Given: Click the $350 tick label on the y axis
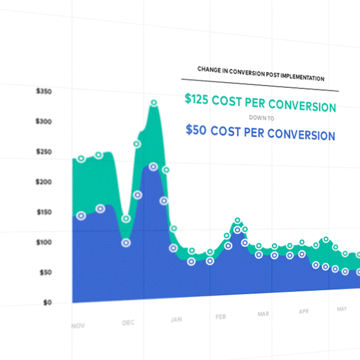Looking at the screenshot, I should pos(45,91).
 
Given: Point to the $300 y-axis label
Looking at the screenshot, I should pos(45,121).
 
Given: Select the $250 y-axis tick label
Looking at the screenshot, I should pos(45,152).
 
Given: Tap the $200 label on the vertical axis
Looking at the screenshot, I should pos(45,182).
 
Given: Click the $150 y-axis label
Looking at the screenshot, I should pos(45,212).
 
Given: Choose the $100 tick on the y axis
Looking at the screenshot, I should pos(45,242).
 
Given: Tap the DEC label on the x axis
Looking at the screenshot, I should pos(128,322).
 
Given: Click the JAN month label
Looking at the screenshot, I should pos(176,320).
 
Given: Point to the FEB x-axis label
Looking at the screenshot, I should pos(220,317).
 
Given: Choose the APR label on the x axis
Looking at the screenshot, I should pos(304,311).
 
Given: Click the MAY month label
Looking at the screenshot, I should pos(342,308).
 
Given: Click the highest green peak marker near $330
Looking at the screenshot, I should pos(154,103).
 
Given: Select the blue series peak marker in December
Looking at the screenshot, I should pos(153,167).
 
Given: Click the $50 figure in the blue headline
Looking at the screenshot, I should pos(195,130).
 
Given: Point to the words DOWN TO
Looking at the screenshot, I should pos(260,117).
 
